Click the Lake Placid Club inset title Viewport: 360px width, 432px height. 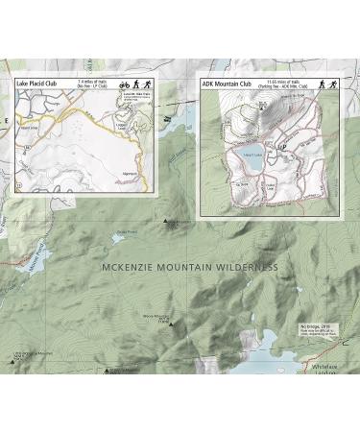point(41,83)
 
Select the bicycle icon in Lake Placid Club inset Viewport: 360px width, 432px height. point(122,84)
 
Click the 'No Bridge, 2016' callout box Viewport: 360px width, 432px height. point(319,332)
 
